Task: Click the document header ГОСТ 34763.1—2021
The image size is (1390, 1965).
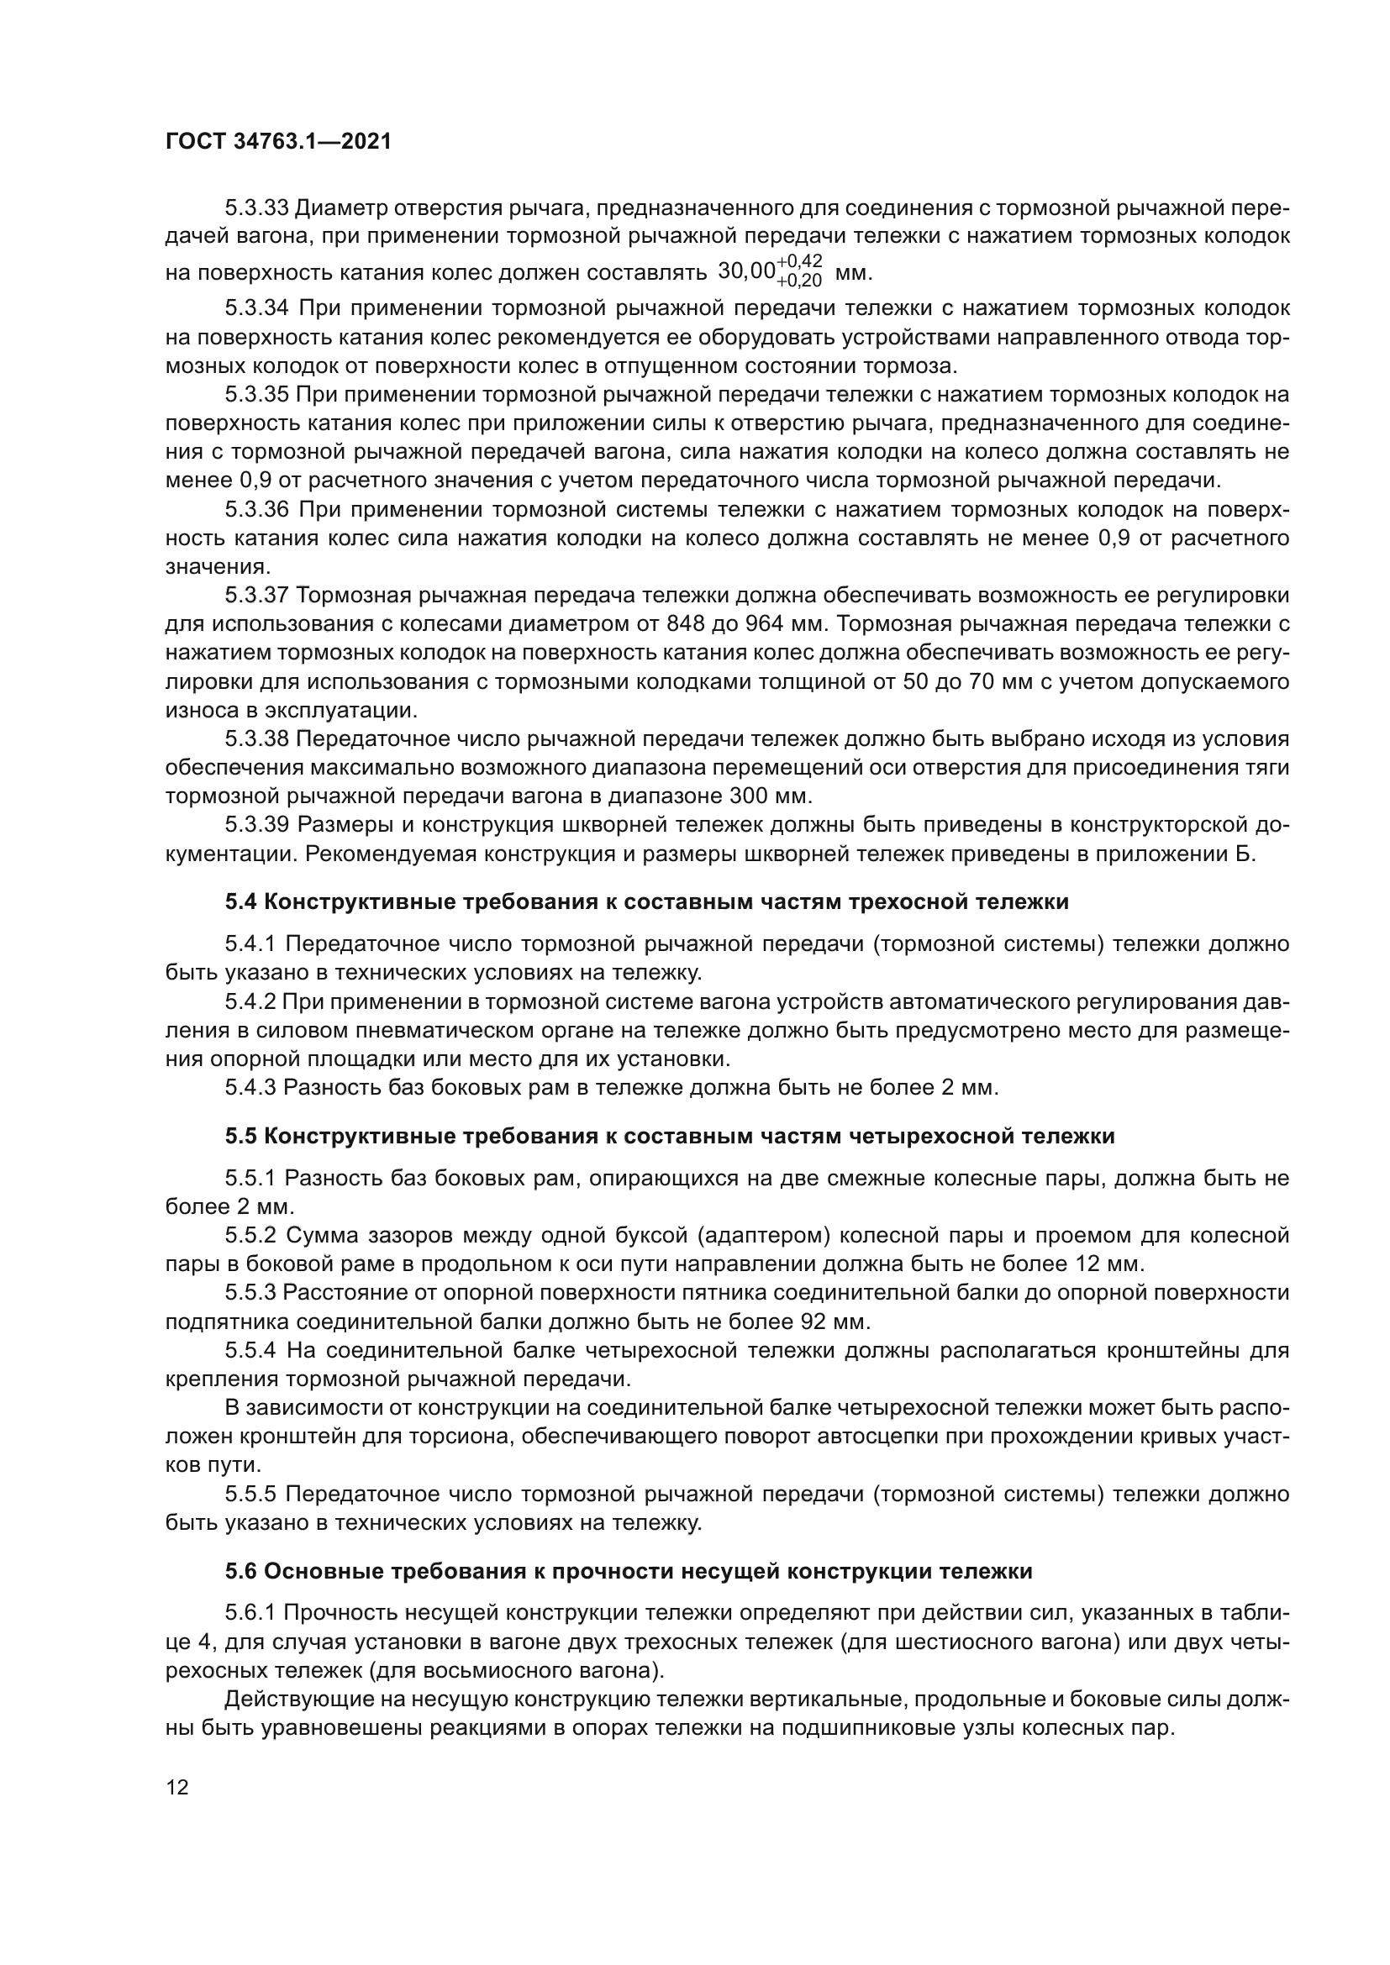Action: coord(278,142)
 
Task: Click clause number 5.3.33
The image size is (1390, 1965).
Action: coord(256,208)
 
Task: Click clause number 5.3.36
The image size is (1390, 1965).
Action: coord(257,510)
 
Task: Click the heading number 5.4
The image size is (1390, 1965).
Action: coord(241,901)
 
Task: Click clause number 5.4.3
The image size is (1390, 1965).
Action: coord(250,1088)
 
